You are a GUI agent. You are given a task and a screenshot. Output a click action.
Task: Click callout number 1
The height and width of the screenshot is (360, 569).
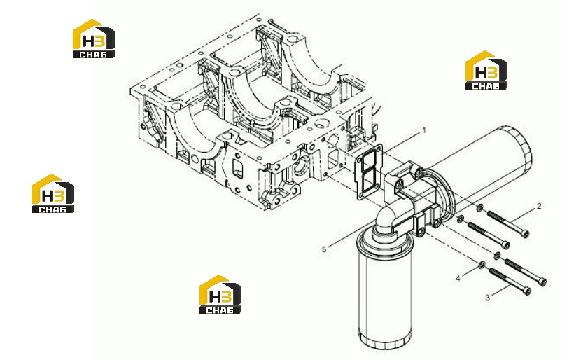click(x=423, y=130)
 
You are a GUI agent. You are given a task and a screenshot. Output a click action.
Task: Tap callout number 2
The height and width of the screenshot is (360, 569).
click(x=539, y=207)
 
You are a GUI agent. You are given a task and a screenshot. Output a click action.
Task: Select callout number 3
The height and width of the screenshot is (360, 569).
click(x=487, y=298)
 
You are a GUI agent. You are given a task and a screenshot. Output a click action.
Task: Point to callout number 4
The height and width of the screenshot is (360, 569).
click(x=458, y=278)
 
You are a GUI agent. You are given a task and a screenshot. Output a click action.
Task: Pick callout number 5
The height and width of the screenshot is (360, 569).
click(x=324, y=249)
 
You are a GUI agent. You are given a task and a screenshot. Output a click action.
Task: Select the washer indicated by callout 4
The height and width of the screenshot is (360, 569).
click(x=482, y=265)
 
